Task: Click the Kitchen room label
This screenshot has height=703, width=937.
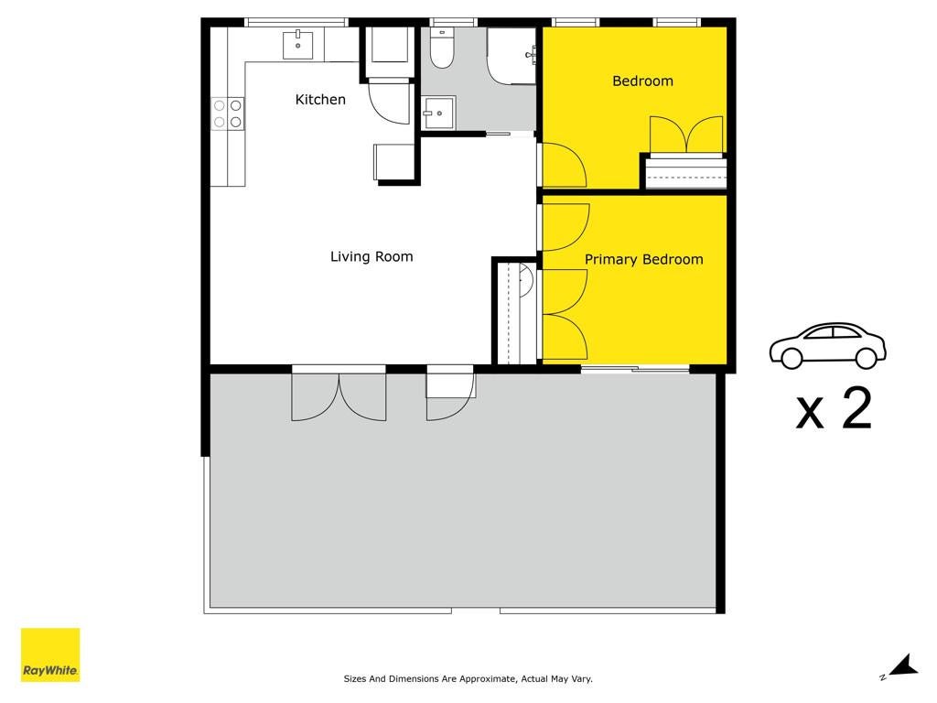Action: [x=320, y=99]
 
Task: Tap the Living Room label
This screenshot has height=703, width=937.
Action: [x=372, y=256]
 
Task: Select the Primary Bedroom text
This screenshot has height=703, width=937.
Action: [x=643, y=259]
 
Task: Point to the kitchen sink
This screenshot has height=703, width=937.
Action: [x=297, y=45]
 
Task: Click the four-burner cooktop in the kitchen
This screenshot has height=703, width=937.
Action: [x=228, y=114]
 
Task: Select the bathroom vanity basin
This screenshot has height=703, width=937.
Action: [x=439, y=113]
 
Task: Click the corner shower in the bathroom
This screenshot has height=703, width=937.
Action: [x=512, y=56]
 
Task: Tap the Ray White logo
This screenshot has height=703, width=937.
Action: [x=50, y=654]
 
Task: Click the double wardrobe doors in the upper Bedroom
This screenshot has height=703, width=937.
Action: [x=687, y=135]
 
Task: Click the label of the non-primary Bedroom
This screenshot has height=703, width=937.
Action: [x=643, y=81]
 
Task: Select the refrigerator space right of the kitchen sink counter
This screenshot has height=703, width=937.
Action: [x=390, y=44]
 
